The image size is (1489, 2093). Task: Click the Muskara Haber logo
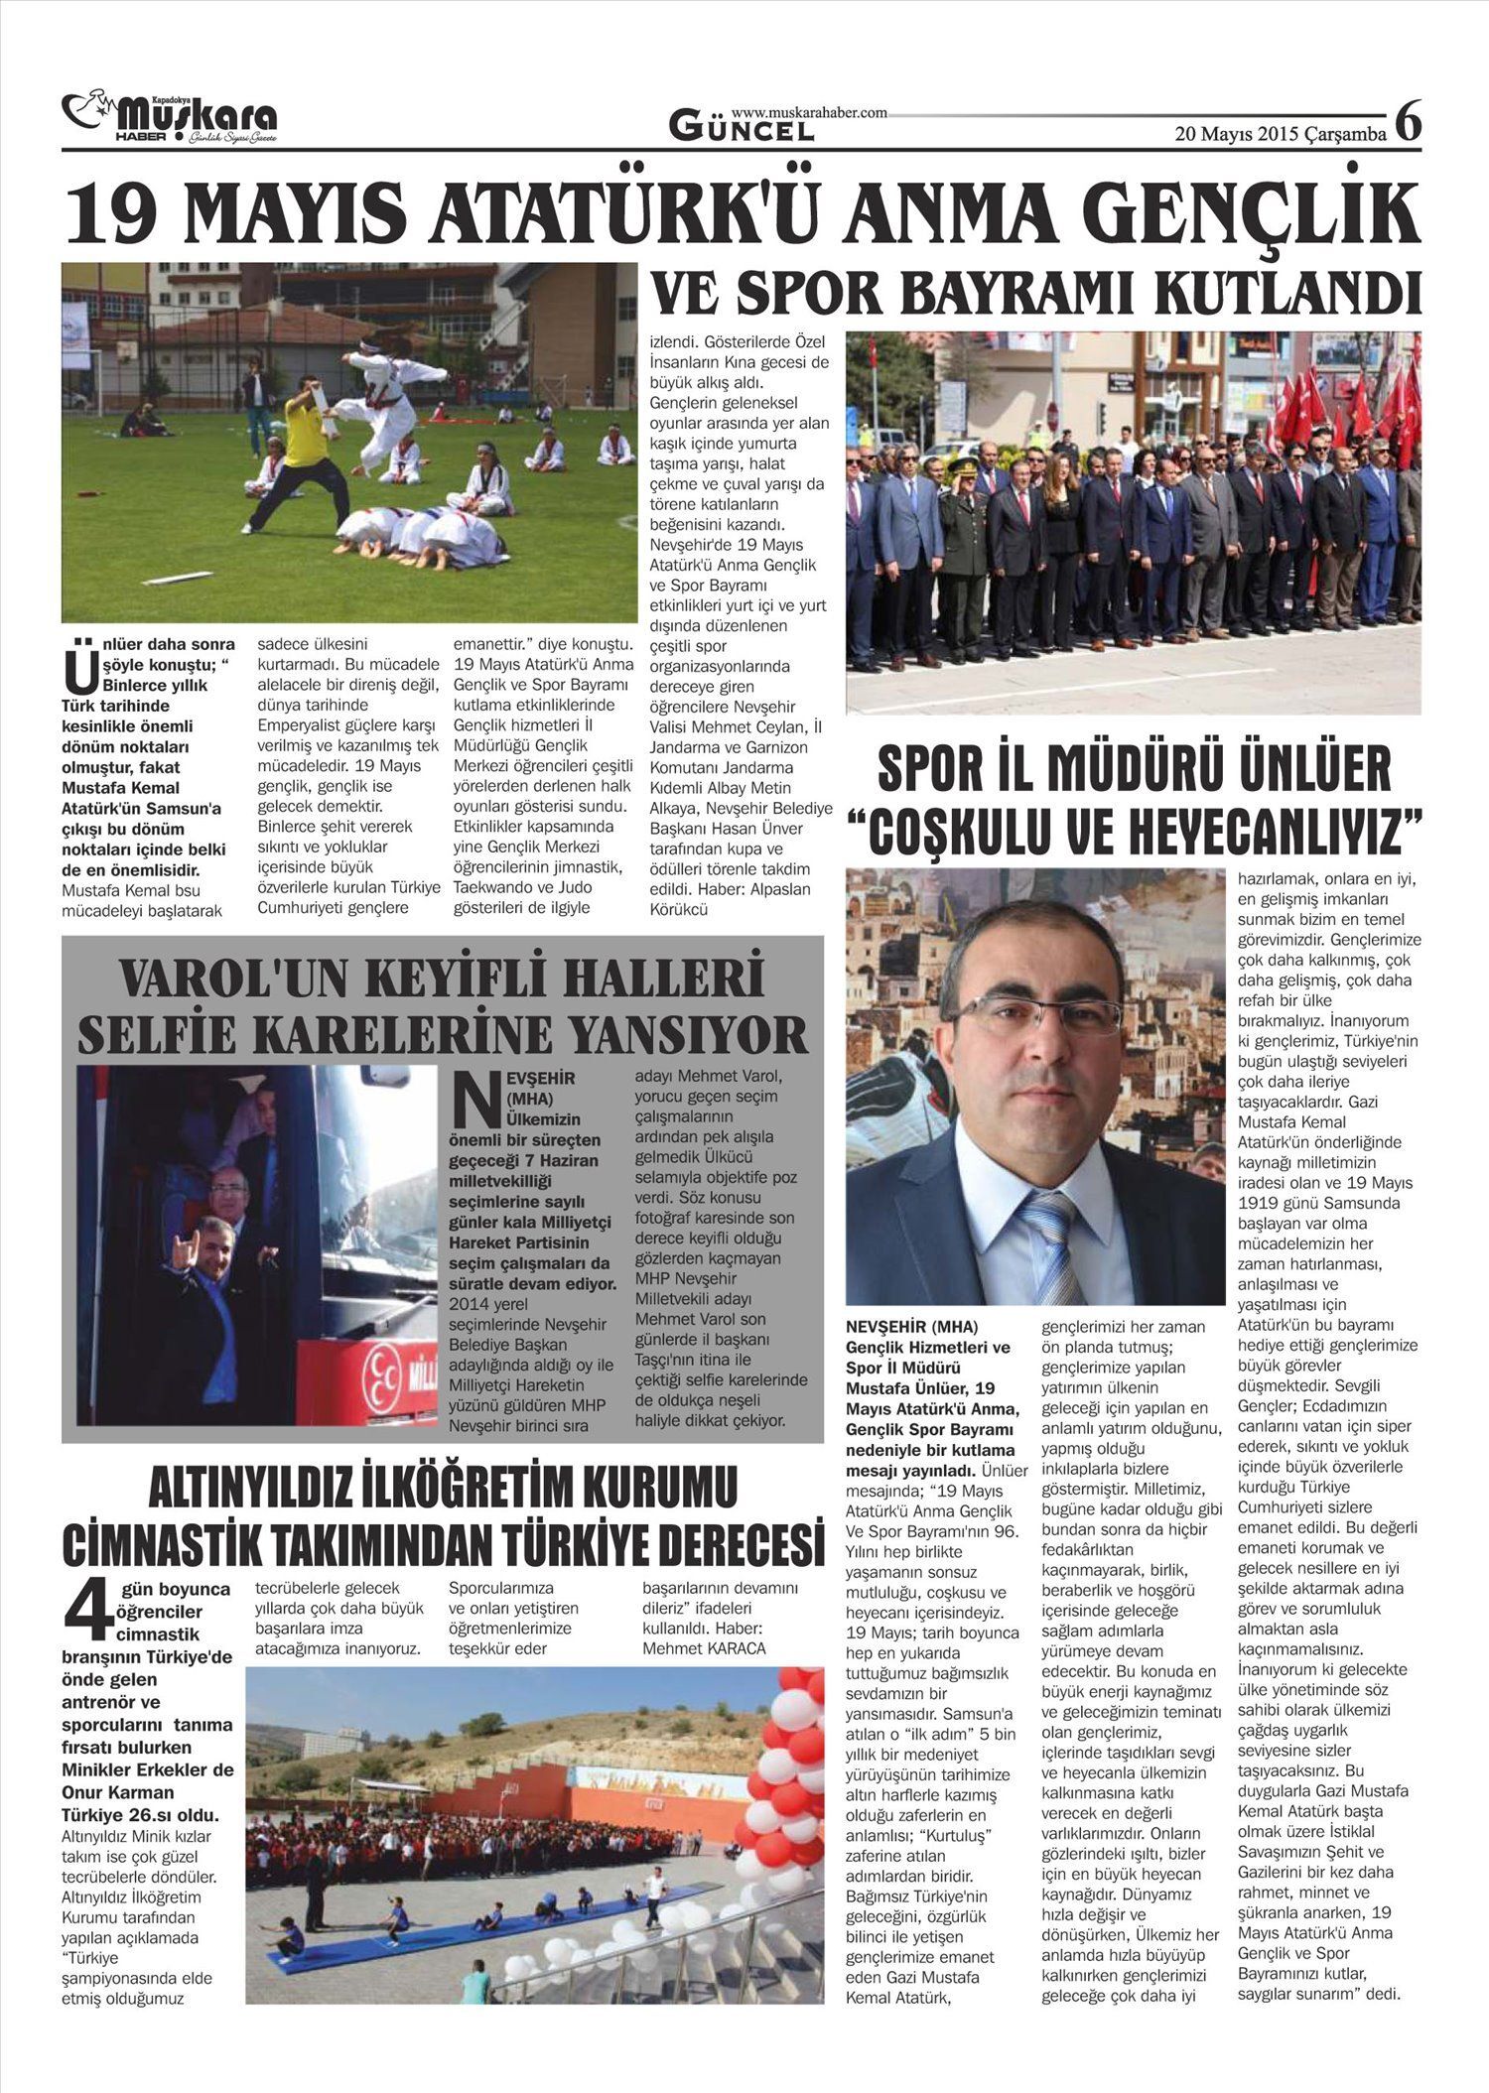169,118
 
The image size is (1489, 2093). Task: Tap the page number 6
1408,124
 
